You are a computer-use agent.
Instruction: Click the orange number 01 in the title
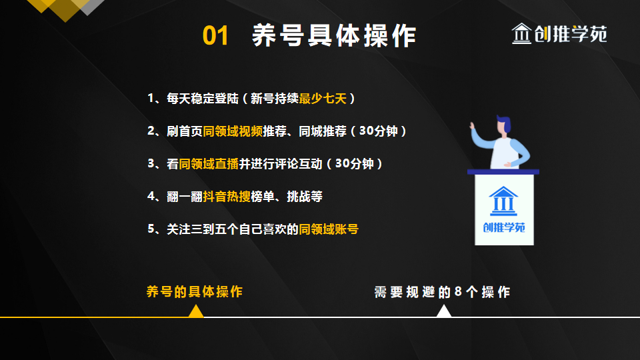coord(215,36)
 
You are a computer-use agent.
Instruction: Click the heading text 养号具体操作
coord(334,36)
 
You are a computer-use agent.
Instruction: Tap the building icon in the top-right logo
coord(521,34)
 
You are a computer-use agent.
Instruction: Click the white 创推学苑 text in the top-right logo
coord(571,34)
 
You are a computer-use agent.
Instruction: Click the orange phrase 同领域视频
coord(233,131)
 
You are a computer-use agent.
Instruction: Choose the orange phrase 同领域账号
coord(329,229)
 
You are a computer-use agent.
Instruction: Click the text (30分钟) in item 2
coord(379,131)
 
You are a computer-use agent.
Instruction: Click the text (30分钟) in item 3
coord(355,163)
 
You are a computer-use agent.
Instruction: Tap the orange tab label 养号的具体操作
coord(194,291)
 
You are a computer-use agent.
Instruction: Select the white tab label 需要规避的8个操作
coord(442,292)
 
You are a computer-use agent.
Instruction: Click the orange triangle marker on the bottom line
coord(195,311)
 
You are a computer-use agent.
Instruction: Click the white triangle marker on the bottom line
coord(444,311)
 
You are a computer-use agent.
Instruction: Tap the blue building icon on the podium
coord(503,201)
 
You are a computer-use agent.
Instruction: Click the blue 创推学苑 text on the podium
coord(504,227)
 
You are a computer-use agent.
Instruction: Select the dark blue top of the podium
coord(503,172)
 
